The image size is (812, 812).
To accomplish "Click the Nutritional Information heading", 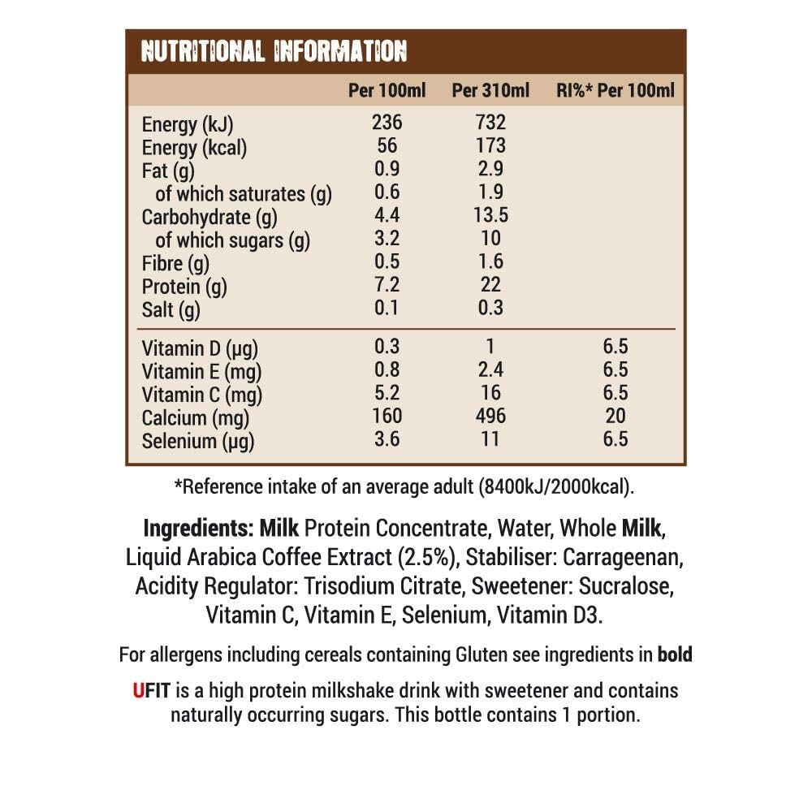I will [x=274, y=52].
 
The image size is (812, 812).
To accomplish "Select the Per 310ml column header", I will [x=490, y=90].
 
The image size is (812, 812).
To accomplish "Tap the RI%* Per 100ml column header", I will [x=615, y=90].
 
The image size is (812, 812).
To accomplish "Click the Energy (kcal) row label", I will [x=194, y=148].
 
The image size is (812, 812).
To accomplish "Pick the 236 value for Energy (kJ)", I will [x=387, y=123].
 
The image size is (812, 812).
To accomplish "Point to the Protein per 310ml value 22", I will [x=490, y=285].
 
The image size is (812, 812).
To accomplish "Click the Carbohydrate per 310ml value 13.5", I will [x=490, y=216].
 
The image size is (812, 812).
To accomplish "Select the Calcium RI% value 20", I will [x=615, y=417].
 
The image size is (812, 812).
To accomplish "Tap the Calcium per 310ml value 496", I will [x=490, y=417].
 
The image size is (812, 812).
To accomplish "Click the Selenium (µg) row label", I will [x=198, y=442].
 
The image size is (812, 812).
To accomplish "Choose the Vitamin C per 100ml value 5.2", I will [x=387, y=394].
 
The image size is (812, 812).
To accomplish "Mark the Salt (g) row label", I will [x=171, y=310].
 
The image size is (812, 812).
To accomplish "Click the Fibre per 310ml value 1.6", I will [x=490, y=261].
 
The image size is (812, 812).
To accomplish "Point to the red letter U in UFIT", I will [x=138, y=691].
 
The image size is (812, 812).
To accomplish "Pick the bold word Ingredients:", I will [x=198, y=529].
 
